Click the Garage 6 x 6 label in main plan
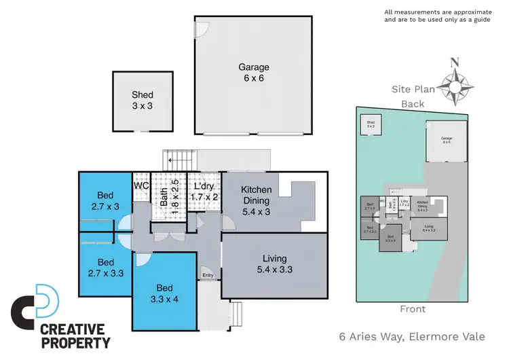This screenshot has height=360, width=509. pyautogui.click(x=253, y=73)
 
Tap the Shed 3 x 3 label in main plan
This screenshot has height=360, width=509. pyautogui.click(x=143, y=100)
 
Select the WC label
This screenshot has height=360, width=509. pyautogui.click(x=141, y=185)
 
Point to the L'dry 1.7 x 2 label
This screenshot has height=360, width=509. pyautogui.click(x=204, y=192)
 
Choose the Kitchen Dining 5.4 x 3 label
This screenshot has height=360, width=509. pyautogui.click(x=257, y=200)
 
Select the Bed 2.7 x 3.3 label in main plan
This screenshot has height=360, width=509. pyautogui.click(x=105, y=267)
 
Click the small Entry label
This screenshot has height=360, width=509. pyautogui.click(x=208, y=275)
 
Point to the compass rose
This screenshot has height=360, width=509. pyautogui.click(x=455, y=86)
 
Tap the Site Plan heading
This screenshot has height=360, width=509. pyautogui.click(x=413, y=89)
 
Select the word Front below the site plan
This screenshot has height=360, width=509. pyautogui.click(x=413, y=309)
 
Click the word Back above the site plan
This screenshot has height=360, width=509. pyautogui.click(x=413, y=104)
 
